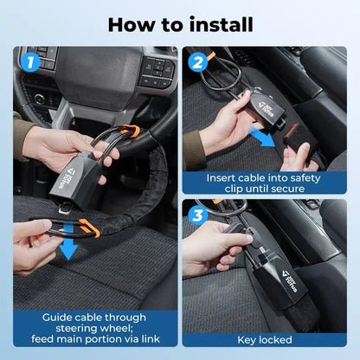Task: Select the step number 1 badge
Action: pyautogui.click(x=30, y=62)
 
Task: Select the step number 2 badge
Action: pyautogui.click(x=198, y=62)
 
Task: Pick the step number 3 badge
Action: pyautogui.click(x=198, y=215)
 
